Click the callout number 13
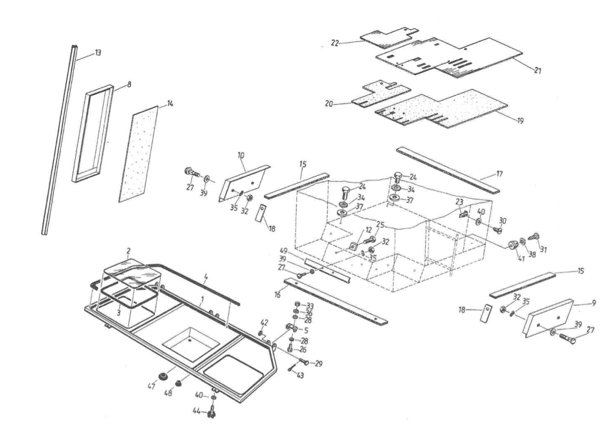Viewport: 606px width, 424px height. tap(97, 52)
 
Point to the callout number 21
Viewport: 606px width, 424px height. tap(537, 71)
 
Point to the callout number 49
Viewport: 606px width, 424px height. tap(283, 251)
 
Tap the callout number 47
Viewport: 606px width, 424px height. tap(151, 388)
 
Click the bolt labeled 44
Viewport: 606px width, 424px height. tap(213, 408)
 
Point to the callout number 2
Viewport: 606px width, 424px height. tap(129, 250)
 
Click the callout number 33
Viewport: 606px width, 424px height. tap(310, 305)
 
